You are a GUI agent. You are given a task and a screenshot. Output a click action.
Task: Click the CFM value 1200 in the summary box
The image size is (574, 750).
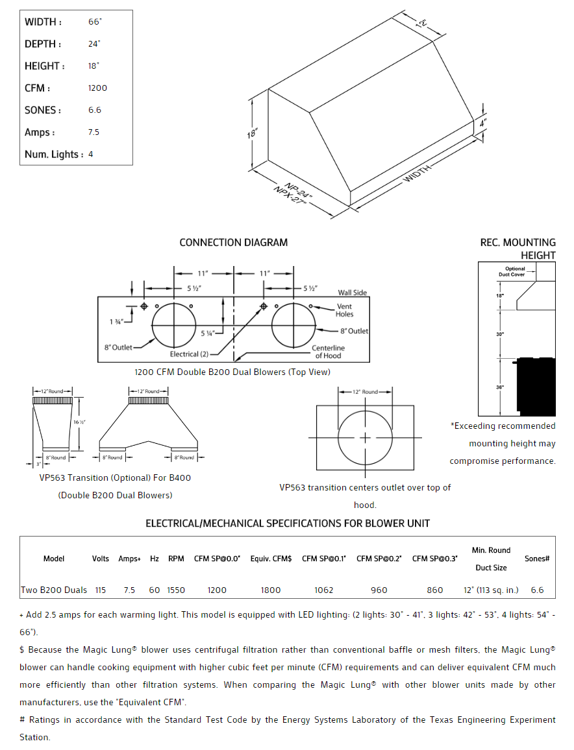(97, 88)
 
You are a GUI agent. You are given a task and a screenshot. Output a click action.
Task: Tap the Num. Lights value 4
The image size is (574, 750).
(91, 154)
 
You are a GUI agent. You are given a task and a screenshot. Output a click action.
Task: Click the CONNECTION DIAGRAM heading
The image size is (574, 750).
(233, 243)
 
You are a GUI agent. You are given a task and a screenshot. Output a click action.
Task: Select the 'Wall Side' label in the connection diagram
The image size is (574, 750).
(352, 293)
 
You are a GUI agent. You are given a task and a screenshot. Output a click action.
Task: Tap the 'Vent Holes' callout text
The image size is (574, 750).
(345, 310)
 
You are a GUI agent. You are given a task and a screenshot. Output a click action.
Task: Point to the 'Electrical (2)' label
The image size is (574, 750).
(189, 354)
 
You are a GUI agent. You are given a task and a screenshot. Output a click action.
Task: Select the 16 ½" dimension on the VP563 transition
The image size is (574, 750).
(79, 422)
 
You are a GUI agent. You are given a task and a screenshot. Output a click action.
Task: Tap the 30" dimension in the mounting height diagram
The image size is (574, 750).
(499, 334)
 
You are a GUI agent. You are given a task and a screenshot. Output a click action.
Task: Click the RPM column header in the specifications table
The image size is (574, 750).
(176, 559)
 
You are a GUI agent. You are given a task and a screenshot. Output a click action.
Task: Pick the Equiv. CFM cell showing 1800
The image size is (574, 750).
(271, 590)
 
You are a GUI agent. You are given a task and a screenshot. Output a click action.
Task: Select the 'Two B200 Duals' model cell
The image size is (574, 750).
(54, 590)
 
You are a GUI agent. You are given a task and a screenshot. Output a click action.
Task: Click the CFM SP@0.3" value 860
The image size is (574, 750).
(435, 590)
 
